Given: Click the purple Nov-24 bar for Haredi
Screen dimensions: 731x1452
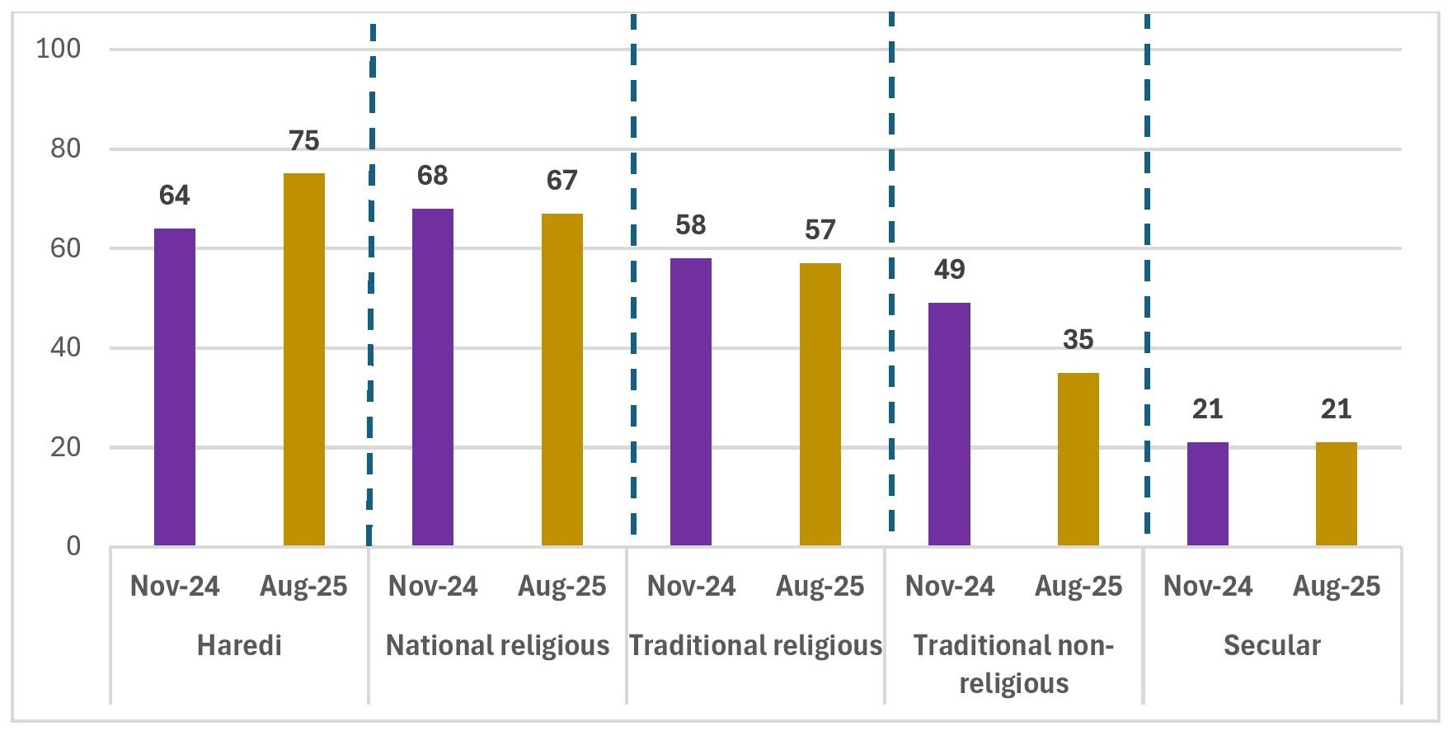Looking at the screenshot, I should [x=175, y=387].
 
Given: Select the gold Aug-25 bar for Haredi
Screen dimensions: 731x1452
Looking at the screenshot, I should [x=304, y=360].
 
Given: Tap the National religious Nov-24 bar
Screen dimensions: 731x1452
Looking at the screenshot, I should [x=433, y=377].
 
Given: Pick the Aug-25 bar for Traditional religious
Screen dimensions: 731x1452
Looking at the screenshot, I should [x=820, y=404].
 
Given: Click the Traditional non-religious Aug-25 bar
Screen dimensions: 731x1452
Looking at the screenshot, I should [x=1078, y=459].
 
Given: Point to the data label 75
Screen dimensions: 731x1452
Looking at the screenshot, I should [x=304, y=141].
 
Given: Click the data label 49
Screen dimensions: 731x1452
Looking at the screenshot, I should [x=950, y=270].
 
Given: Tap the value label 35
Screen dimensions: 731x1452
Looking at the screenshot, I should [x=1078, y=340].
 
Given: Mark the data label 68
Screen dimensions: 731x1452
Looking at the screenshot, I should [x=433, y=176].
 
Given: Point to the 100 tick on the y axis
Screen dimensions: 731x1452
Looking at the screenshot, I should [x=59, y=49].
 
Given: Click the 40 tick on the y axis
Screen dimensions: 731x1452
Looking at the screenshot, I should [x=66, y=347].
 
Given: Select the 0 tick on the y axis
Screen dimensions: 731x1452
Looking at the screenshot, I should [x=74, y=546].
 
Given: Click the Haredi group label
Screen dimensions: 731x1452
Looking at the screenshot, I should [x=239, y=645].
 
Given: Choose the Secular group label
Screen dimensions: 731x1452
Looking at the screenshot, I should [x=1272, y=645].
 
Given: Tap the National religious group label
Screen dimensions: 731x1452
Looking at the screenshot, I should [x=498, y=645].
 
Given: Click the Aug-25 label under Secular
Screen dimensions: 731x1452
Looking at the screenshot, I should [x=1337, y=587].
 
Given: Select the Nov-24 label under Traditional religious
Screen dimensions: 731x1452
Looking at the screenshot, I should [x=691, y=587].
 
